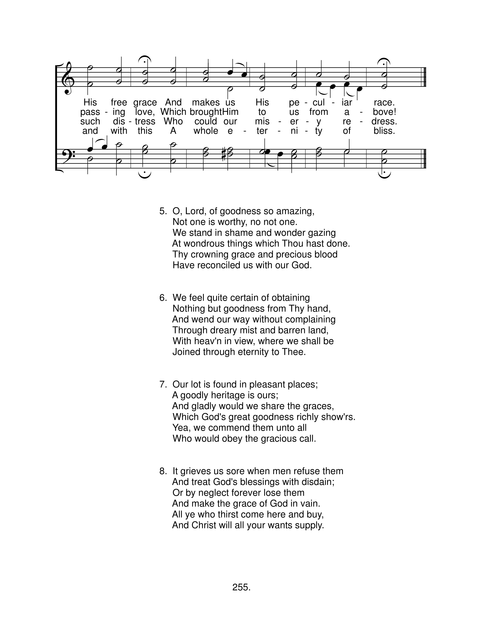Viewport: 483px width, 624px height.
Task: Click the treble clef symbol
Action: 68,77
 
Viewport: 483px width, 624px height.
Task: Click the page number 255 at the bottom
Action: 241,587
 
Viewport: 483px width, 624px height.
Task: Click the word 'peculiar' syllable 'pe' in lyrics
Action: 294,102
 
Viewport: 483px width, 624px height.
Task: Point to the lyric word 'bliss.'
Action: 384,131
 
